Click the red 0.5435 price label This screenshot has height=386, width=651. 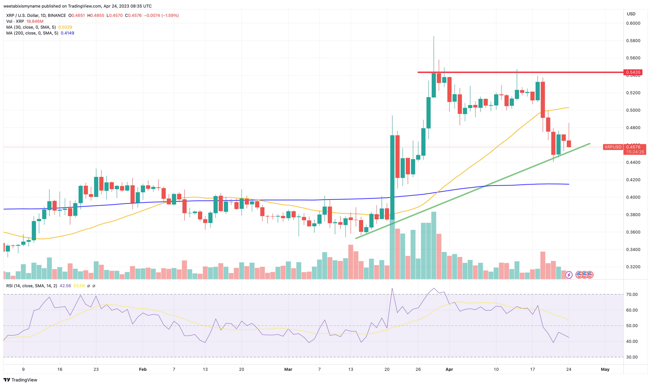[633, 72]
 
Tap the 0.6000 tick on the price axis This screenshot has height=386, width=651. [633, 23]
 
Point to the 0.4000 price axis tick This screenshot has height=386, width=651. [633, 197]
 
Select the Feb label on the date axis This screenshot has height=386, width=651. [143, 369]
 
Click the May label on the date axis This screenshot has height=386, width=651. [605, 369]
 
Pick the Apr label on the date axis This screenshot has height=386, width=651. [449, 369]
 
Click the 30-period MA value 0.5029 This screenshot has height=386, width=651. [65, 27]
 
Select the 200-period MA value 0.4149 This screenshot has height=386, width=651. [67, 33]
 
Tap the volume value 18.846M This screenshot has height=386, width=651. [35, 21]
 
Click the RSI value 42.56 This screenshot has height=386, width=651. [65, 286]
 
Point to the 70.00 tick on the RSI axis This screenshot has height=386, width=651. [632, 294]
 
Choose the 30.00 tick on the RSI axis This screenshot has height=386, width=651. [632, 357]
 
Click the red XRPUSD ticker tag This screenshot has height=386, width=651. [613, 147]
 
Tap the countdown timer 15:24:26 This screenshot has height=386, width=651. [635, 152]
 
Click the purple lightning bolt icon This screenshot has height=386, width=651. [569, 275]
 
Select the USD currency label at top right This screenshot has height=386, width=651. [631, 14]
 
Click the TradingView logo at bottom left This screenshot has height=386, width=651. [20, 380]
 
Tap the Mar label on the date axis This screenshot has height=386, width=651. [288, 369]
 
